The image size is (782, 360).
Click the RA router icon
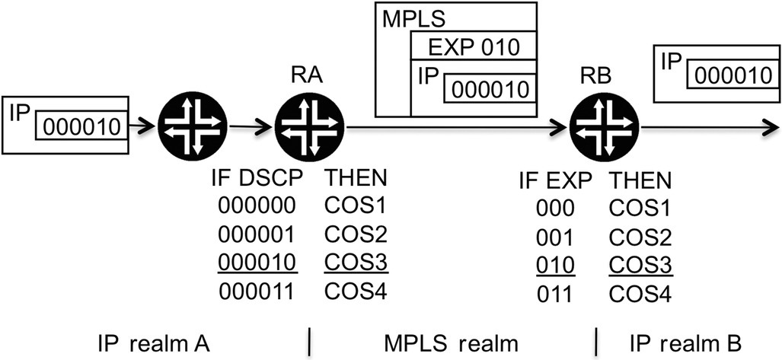click(x=309, y=126)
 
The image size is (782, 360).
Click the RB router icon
click(x=603, y=126)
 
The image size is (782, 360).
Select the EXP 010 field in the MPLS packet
click(x=473, y=47)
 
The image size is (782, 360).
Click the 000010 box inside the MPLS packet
click(x=488, y=88)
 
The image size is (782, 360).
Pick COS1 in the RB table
click(x=642, y=208)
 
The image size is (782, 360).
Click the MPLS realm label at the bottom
click(x=450, y=340)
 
